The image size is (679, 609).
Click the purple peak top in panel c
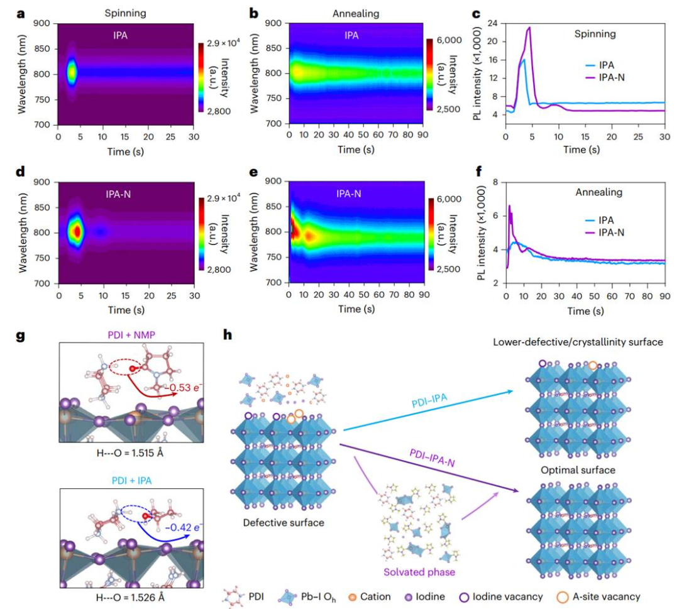point(530,27)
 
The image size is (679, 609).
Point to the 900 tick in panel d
point(44,182)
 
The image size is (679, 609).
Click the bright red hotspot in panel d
point(77,231)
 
